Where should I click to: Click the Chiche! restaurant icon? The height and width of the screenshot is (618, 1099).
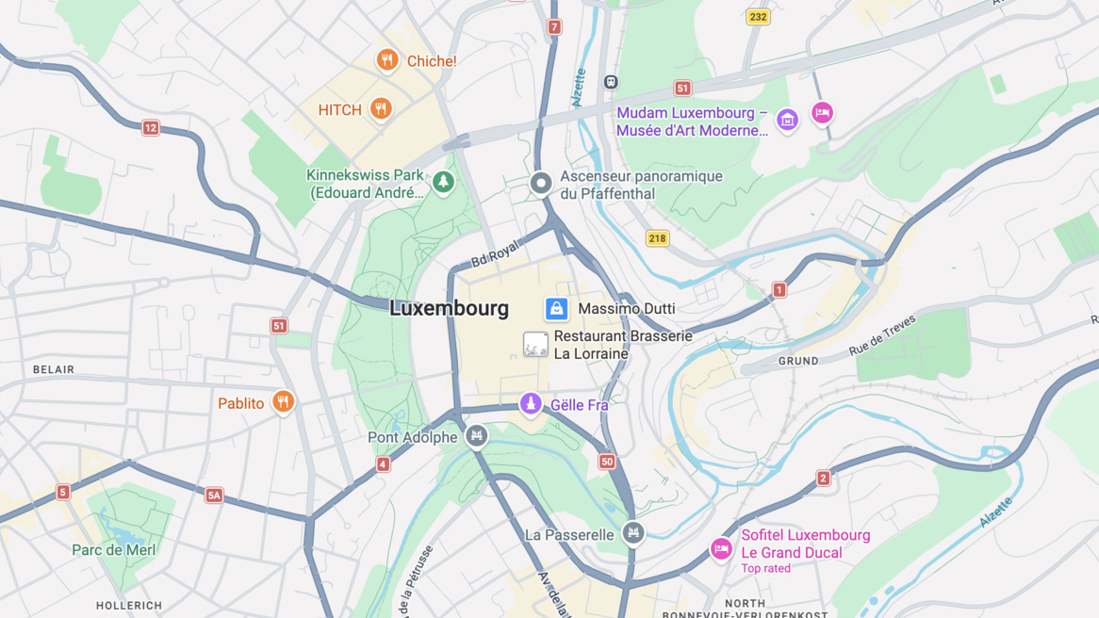pos(386,60)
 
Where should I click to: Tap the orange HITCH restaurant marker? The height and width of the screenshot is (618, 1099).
pos(381,109)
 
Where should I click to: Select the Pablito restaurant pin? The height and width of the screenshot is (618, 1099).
pos(283,402)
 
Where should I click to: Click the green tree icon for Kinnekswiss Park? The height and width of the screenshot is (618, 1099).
pos(443,182)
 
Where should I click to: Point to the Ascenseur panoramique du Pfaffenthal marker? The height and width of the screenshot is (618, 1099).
pos(540,183)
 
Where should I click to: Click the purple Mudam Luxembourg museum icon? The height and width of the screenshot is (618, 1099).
pos(787,120)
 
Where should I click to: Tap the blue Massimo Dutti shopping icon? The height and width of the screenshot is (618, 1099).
pos(556,308)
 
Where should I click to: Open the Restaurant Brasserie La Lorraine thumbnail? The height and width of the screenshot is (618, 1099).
pos(535,345)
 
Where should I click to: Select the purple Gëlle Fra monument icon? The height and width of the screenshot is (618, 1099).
pos(531,404)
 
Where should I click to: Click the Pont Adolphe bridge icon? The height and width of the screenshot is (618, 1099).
pos(477,436)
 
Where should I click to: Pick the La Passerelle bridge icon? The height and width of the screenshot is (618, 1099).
pos(633,534)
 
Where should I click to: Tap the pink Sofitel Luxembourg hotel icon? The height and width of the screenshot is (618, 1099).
pos(721,549)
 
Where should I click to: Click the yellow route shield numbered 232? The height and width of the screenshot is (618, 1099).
pos(758,17)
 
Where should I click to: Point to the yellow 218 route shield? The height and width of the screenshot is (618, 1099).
pos(657,238)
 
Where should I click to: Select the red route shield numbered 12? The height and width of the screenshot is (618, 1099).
pos(151,128)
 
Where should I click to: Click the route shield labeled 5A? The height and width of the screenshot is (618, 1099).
pos(214,496)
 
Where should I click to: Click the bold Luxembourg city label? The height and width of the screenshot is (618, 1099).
pos(449,308)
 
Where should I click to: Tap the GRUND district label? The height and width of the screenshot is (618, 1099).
pos(798,361)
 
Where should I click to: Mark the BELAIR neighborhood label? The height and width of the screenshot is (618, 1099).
pos(54,369)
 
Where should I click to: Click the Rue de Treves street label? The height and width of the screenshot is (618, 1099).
pos(882,335)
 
